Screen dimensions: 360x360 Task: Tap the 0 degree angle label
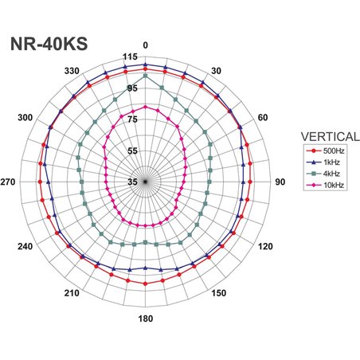[x=144, y=45]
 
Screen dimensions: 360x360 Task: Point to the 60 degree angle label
[x=264, y=118]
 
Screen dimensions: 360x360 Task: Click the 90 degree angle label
[x=280, y=182]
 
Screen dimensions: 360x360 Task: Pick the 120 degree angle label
[x=264, y=247]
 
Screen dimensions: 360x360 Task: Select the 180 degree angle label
[x=144, y=319]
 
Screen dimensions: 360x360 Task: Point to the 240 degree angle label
[x=25, y=247]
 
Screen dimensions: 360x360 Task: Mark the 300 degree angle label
[x=25, y=118]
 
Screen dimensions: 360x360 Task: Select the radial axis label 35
[x=134, y=182]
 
